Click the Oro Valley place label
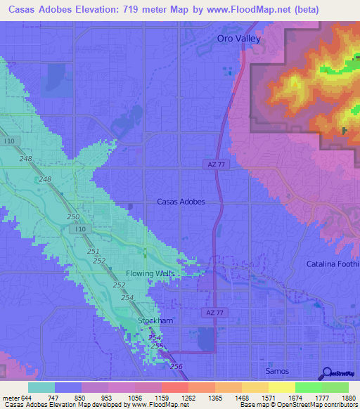(x=238, y=39)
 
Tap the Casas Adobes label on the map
(x=181, y=202)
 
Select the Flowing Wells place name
(x=150, y=273)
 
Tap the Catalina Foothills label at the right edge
(x=333, y=264)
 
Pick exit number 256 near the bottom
(x=176, y=367)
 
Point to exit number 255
(x=156, y=346)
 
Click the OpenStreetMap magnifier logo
(x=327, y=374)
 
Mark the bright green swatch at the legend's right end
(x=335, y=387)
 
